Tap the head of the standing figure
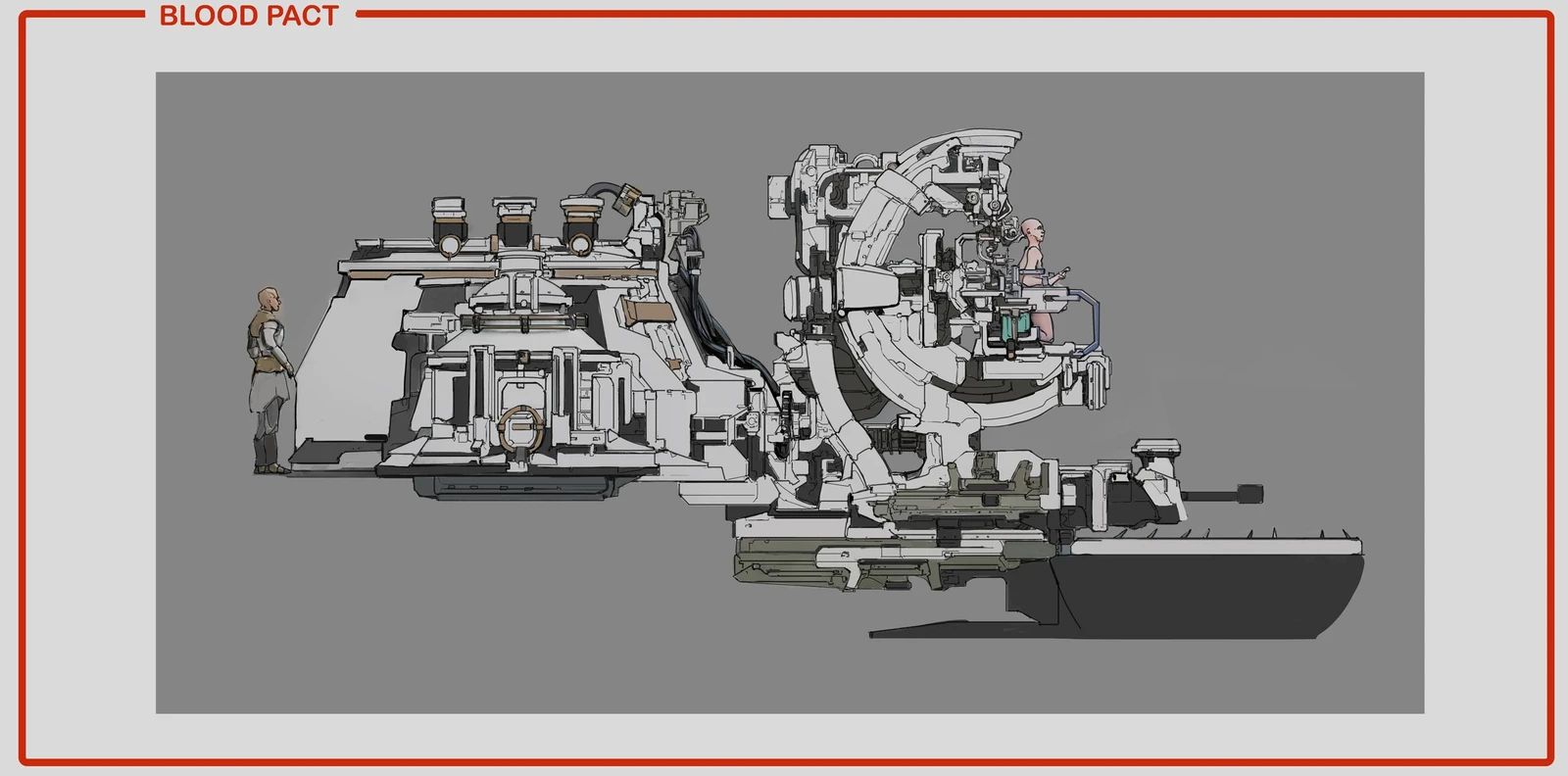click(x=269, y=300)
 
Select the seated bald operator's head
click(x=1032, y=231)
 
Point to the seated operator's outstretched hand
click(x=1061, y=273)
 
